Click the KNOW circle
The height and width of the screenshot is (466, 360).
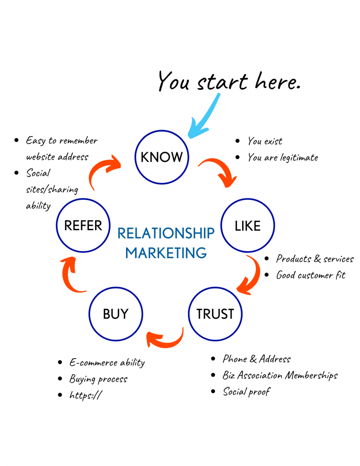point(162,157)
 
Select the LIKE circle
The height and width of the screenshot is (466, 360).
point(248,226)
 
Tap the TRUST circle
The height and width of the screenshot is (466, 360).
point(215,314)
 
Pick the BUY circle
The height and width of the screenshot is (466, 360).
point(116,314)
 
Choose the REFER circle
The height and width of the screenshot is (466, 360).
point(83,225)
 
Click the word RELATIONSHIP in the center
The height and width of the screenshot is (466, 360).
point(166,233)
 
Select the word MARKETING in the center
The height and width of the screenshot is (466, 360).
point(166,252)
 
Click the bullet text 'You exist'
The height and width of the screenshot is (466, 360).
point(265,141)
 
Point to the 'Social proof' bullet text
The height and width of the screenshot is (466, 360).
point(246,391)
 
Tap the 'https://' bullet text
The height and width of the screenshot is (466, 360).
point(86,395)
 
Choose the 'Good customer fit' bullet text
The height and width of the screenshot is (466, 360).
point(310,275)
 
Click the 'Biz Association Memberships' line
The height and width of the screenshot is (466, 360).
point(280,375)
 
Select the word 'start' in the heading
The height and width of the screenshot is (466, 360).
point(223,82)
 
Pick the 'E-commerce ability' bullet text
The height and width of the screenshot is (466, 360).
point(107,363)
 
